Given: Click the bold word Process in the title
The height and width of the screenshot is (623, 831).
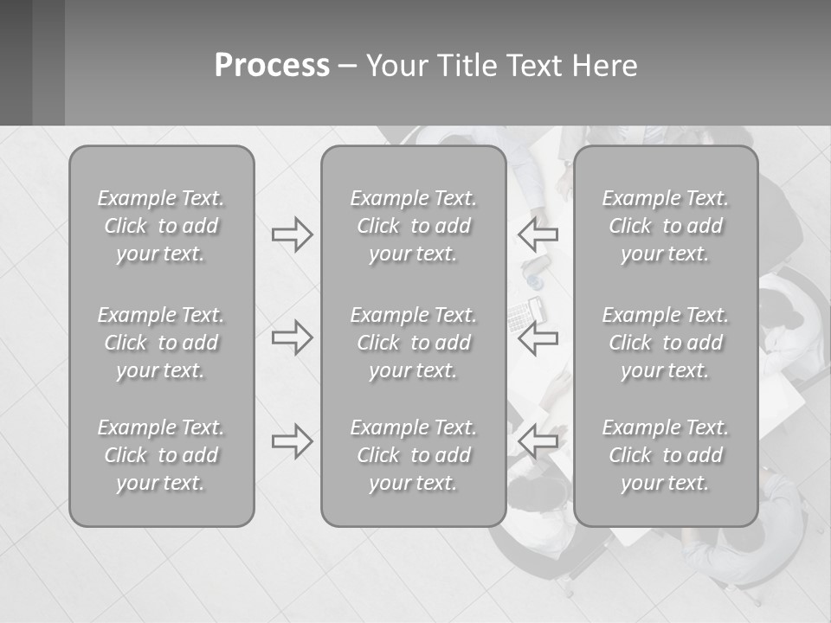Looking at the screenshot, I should (272, 66).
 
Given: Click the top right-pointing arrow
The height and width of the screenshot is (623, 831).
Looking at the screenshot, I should (292, 234).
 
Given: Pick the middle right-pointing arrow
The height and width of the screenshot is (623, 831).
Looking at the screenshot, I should (292, 337).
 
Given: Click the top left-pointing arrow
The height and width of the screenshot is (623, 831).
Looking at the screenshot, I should (538, 234).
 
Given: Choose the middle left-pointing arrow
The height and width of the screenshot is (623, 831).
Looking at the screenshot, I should (538, 337).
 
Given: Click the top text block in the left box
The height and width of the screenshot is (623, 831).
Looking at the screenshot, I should (161, 226).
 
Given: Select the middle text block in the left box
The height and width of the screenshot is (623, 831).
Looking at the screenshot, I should (161, 343).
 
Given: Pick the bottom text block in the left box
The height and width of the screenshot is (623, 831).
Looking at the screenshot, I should (161, 455).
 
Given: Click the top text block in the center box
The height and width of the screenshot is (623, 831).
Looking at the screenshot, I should (413, 226).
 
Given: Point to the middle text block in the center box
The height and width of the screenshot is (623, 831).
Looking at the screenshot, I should (413, 343).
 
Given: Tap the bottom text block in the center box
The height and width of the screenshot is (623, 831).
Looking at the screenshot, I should (413, 455).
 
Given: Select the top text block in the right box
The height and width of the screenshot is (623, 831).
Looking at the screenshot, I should (665, 226).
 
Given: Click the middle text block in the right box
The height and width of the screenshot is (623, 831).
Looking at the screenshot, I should (665, 343).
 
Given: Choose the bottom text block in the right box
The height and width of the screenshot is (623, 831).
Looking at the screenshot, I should (665, 455).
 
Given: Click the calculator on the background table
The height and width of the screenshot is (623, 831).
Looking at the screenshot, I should (521, 316).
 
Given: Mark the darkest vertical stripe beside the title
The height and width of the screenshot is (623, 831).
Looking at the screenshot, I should (16, 62).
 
